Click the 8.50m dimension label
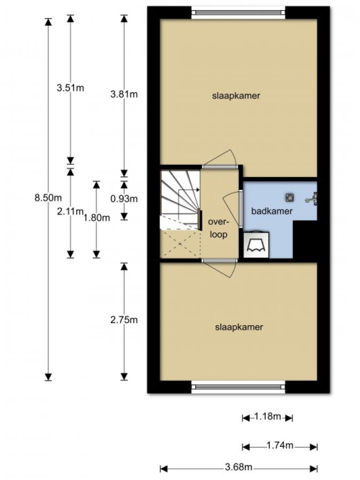pos(48,198)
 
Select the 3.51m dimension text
pos(71,89)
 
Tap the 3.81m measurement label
pos(124,94)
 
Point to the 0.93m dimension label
pos(124,199)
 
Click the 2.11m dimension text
pos(71,212)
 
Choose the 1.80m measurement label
pos(96,217)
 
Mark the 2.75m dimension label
pos(124,320)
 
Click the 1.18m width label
pos(267,417)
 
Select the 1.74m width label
pos(280,445)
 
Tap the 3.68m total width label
pos(238,467)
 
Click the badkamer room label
pos(271,212)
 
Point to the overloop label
pos(218,228)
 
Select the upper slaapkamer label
pos(236,96)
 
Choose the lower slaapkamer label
pos(239,327)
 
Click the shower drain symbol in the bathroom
pos(289,198)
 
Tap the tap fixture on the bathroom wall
pos(312,199)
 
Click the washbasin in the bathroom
pos(256,245)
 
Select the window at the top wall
pos(238,12)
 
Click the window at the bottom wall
pos(238,386)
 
